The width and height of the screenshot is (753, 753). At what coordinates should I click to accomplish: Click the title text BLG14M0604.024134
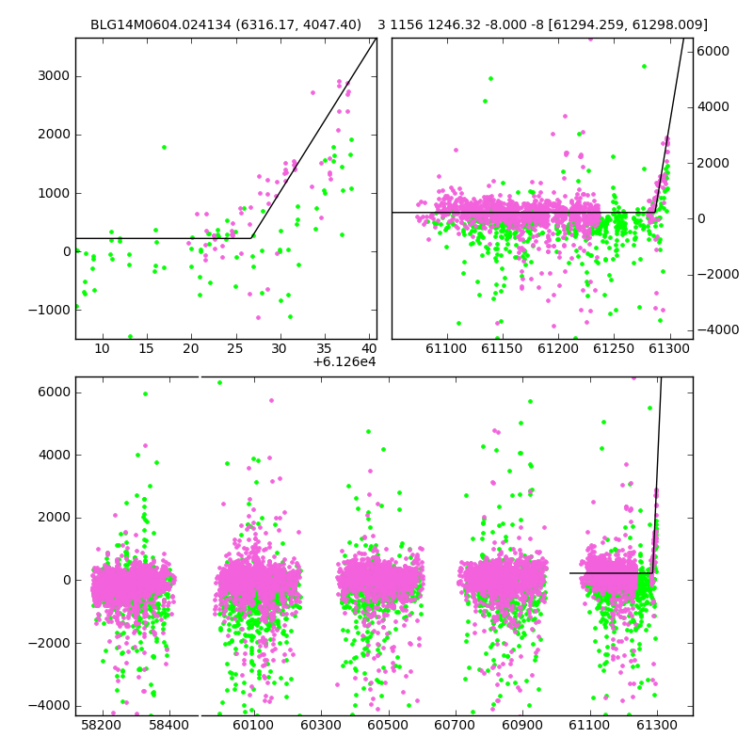160,24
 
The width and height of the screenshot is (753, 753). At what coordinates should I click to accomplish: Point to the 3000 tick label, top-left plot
54,76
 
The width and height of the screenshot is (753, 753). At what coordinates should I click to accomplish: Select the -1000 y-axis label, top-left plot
49,311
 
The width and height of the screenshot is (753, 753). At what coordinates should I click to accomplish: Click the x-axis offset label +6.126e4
344,361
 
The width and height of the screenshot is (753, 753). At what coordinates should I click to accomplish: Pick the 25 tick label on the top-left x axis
234,348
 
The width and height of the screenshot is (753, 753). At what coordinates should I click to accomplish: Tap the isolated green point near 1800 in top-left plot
164,148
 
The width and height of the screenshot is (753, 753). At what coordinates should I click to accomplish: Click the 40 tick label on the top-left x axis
369,348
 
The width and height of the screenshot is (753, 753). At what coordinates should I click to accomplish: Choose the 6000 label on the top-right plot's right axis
713,51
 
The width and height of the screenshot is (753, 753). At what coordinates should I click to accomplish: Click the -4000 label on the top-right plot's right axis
718,329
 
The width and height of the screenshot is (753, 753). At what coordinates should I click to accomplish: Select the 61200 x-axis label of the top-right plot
558,348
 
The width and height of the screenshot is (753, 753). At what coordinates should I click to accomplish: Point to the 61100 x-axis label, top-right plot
446,348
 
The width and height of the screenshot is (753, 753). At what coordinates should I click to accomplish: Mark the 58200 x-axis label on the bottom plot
102,725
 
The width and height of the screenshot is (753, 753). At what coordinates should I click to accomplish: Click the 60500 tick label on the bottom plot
388,725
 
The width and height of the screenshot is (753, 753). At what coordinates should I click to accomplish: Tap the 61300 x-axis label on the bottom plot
656,725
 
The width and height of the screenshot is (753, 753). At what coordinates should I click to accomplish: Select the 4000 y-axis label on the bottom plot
54,455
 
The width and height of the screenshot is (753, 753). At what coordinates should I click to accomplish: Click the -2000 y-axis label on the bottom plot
49,643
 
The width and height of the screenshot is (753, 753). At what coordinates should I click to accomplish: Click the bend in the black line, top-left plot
251,238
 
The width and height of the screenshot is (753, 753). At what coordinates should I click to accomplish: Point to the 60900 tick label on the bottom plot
522,725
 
